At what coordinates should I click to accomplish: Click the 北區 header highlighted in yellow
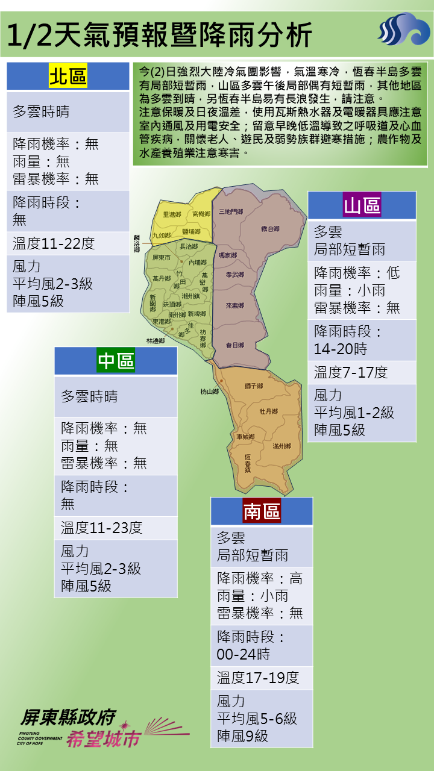(x=68, y=76)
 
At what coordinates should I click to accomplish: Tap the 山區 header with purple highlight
(x=362, y=205)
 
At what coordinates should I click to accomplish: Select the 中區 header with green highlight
(x=116, y=361)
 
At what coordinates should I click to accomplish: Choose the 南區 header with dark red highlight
(x=262, y=511)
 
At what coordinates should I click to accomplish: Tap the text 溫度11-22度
(x=54, y=244)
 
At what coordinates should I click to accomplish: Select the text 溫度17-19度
(x=258, y=678)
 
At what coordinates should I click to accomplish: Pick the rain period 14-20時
(x=341, y=349)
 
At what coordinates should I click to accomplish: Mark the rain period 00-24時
(x=244, y=655)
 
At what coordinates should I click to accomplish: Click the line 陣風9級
(x=243, y=736)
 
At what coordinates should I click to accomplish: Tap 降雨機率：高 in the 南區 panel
(x=260, y=579)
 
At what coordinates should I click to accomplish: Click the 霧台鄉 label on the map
(x=270, y=229)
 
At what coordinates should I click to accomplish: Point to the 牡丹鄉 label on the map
(x=268, y=411)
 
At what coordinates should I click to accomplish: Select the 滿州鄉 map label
(x=281, y=446)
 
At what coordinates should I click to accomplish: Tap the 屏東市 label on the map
(x=162, y=258)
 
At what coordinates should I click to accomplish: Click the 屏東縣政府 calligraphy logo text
(x=68, y=717)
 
